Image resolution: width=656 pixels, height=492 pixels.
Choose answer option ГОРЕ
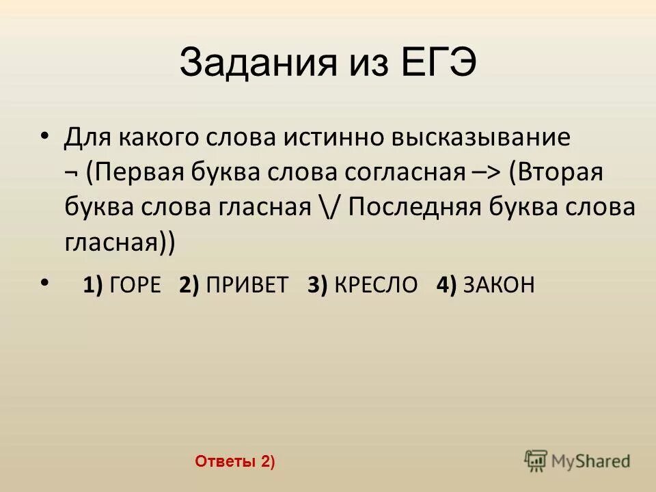pos(135,285)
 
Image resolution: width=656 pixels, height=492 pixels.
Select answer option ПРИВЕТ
pos(247,285)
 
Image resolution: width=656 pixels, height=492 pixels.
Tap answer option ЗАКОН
pos(499,285)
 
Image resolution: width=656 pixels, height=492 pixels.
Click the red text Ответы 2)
pos(234,462)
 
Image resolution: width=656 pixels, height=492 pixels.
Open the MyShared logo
pos(577,460)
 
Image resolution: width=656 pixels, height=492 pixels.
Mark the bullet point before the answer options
pos(45,281)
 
